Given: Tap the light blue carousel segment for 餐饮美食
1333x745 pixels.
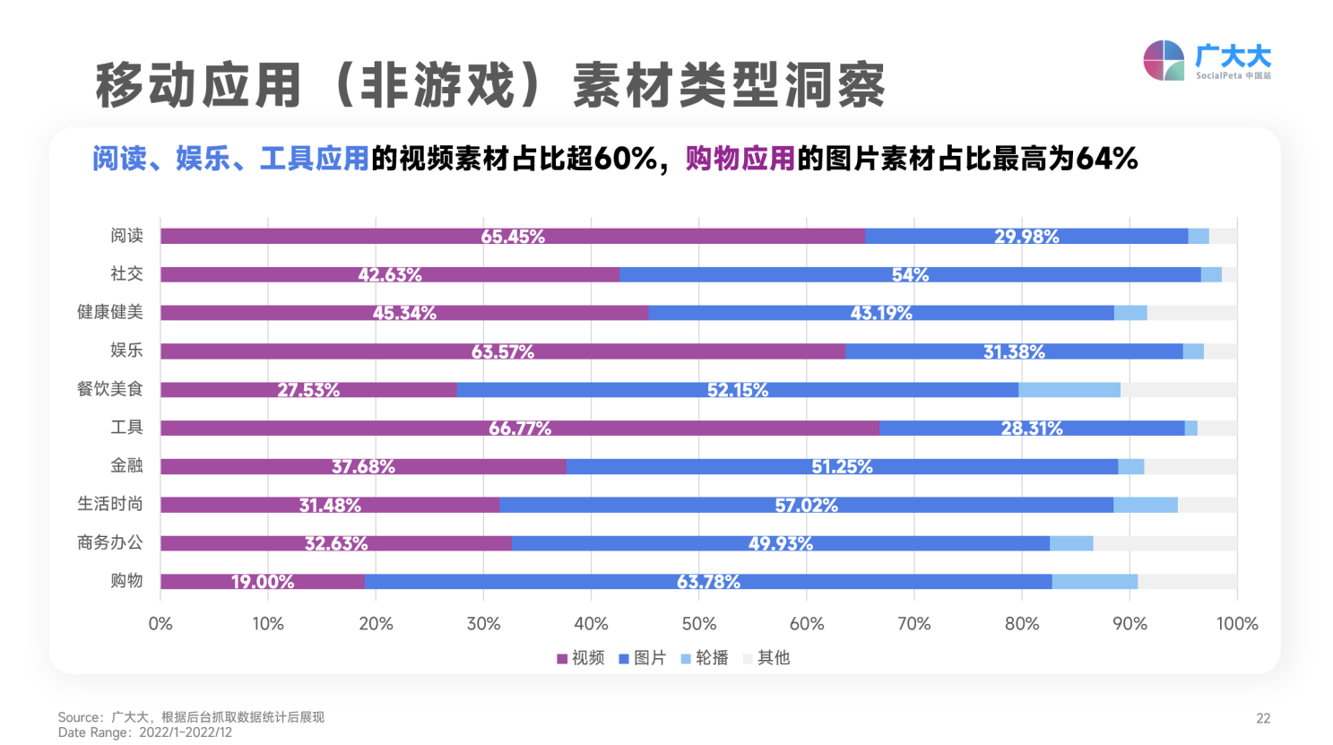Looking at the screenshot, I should (x=1069, y=390).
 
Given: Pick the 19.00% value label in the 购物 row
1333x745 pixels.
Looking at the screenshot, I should (x=262, y=582).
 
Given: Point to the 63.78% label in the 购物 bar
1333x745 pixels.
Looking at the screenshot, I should (x=708, y=582).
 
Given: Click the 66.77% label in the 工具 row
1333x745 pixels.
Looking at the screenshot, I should (x=519, y=429).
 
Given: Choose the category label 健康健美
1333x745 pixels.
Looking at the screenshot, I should (x=109, y=312).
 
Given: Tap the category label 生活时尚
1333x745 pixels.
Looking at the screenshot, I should (x=109, y=504).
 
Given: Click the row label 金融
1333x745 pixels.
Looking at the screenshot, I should (x=126, y=465).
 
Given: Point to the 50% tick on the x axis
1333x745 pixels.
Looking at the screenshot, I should (x=698, y=624).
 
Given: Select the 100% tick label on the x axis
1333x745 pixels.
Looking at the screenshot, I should (x=1236, y=624).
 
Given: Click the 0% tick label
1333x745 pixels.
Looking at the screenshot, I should (x=160, y=624).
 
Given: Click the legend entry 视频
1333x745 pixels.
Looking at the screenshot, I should (x=581, y=658).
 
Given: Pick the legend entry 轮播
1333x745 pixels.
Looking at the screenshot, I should (x=705, y=658).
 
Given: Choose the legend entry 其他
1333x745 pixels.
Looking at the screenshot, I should (x=766, y=658).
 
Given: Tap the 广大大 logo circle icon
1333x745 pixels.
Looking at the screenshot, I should (x=1164, y=61).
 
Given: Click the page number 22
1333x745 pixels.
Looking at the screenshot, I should (x=1262, y=718).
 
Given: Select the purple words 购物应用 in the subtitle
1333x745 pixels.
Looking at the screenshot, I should (x=740, y=159).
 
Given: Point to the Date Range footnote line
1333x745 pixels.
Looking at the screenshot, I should (x=145, y=732).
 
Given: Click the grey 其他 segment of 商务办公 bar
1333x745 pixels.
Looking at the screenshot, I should (x=1164, y=543).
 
